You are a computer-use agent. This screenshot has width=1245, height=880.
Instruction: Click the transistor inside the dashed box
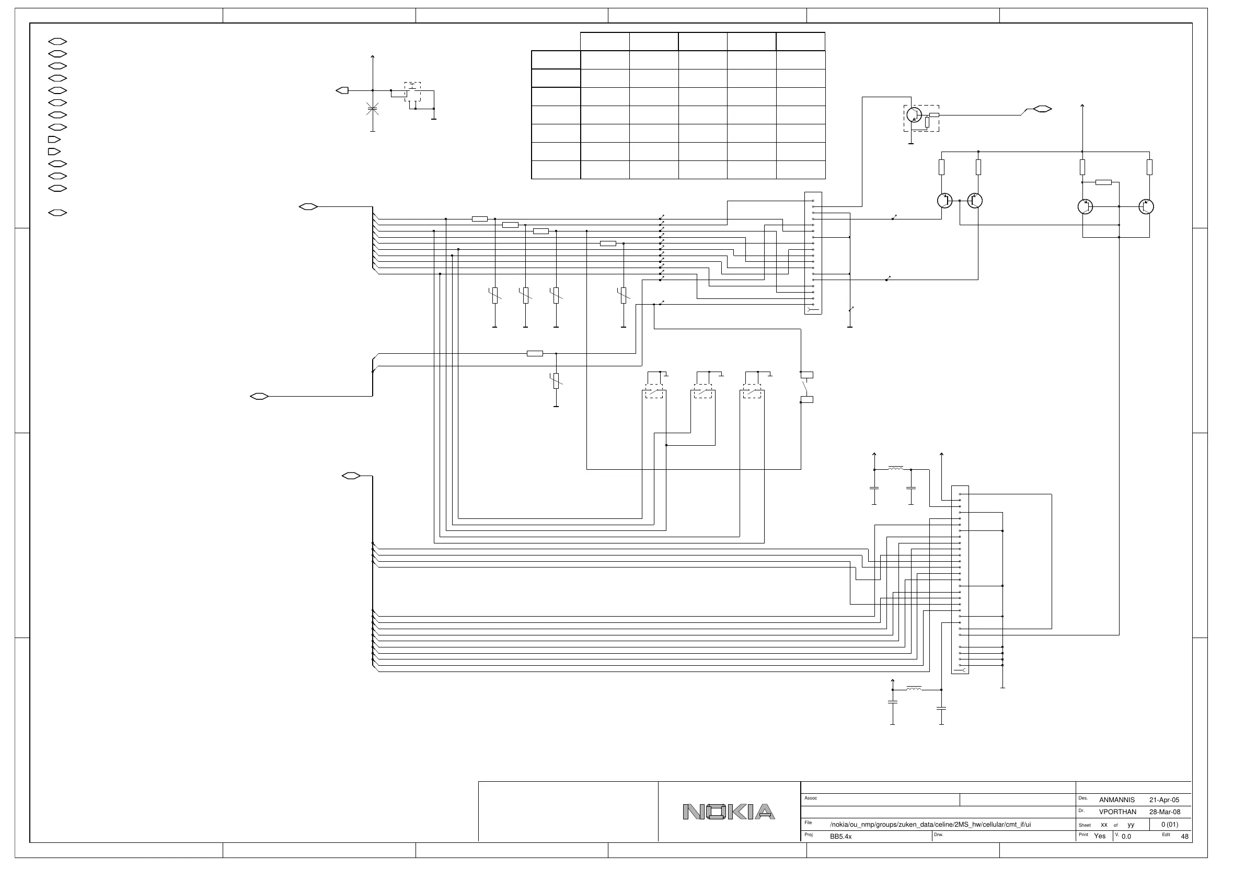click(x=914, y=115)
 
